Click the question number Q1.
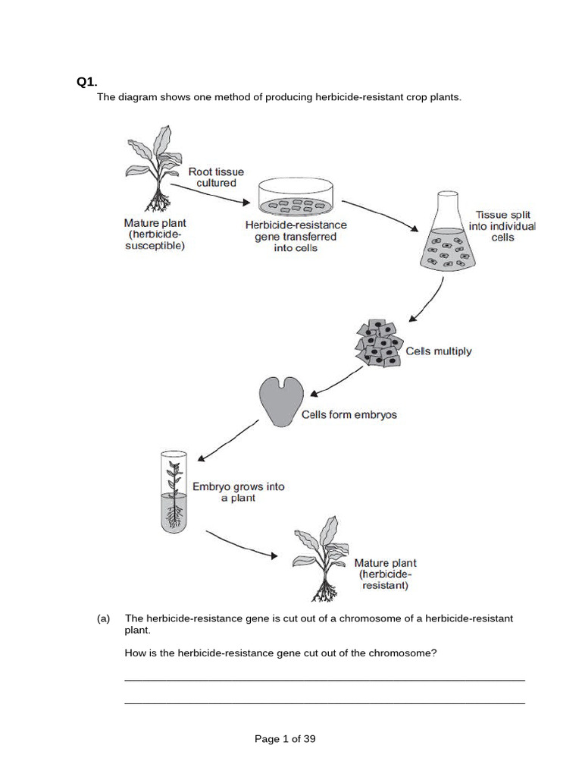click(x=87, y=82)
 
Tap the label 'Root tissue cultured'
click(x=217, y=178)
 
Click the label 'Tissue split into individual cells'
click(x=505, y=226)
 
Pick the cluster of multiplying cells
click(x=380, y=344)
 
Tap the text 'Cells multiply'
click(x=439, y=351)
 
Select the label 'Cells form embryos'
click(x=349, y=415)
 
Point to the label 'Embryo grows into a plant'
click(x=238, y=492)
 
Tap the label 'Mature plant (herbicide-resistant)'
click(x=385, y=574)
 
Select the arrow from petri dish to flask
click(x=380, y=216)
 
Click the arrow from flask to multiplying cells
click(x=427, y=300)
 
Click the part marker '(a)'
click(x=104, y=618)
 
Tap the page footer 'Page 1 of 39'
click(x=285, y=738)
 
